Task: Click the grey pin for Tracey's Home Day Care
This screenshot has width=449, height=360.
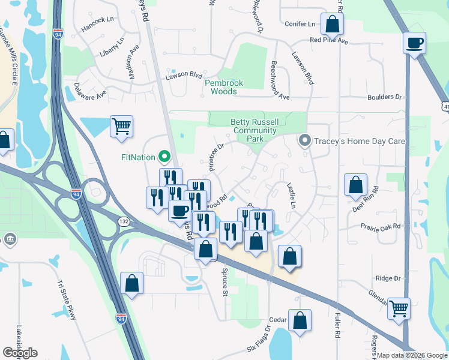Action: pyautogui.click(x=304, y=142)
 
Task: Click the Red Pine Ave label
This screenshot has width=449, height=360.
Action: pyautogui.click(x=329, y=41)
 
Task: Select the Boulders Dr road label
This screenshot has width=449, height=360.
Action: pyautogui.click(x=385, y=97)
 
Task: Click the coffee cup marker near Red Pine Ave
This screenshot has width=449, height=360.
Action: pyautogui.click(x=415, y=44)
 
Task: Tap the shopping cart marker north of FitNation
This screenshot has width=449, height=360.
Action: pyautogui.click(x=121, y=127)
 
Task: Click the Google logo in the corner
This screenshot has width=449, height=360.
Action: pyautogui.click(x=20, y=353)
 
